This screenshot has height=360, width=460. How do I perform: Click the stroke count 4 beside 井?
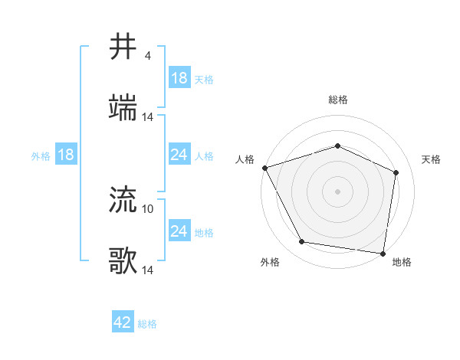click(x=147, y=56)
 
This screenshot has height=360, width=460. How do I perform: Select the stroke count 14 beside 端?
click(x=148, y=117)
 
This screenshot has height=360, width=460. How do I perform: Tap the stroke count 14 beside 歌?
click(x=148, y=270)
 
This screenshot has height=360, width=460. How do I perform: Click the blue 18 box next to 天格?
click(x=179, y=78)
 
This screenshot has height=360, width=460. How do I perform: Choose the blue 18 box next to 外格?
click(x=66, y=155)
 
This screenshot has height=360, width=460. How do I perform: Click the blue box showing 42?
click(x=123, y=322)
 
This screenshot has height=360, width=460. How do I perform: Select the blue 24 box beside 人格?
click(x=179, y=155)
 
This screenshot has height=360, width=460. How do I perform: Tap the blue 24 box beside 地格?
click(x=179, y=231)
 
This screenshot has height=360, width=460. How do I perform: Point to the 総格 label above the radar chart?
click(x=337, y=100)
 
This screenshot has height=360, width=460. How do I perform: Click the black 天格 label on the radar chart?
click(x=432, y=159)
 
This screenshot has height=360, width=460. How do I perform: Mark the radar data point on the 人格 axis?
click(x=264, y=168)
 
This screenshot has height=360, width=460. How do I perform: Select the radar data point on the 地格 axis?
click(x=383, y=253)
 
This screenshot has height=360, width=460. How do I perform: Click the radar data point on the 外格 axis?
click(x=301, y=242)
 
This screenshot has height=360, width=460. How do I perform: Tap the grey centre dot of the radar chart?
click(x=337, y=191)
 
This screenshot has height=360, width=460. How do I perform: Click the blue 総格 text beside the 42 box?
click(x=147, y=324)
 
